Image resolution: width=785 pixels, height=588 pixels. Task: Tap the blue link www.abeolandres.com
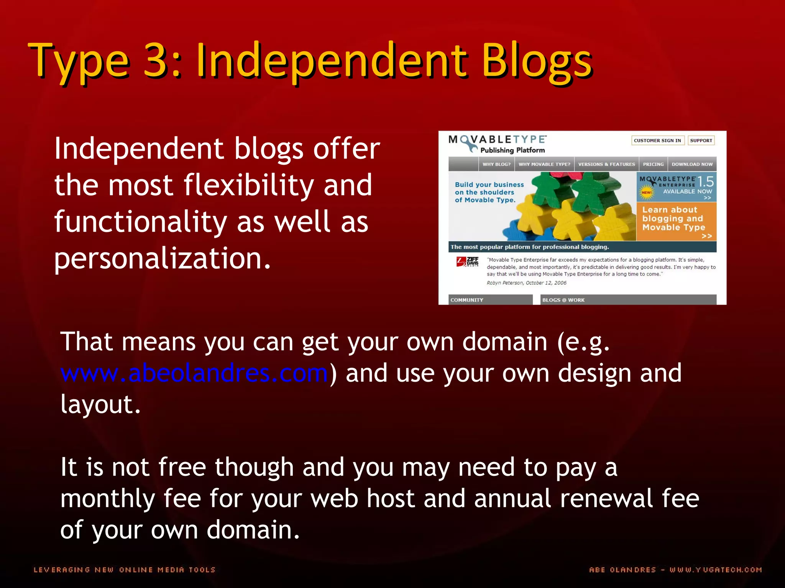point(194,373)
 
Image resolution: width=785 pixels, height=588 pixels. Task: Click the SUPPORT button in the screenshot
point(701,140)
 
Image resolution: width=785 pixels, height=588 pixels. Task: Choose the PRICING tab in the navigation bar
point(653,164)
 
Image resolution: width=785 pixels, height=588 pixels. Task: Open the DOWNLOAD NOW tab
point(692,164)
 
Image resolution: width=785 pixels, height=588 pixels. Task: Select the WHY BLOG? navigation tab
point(496,164)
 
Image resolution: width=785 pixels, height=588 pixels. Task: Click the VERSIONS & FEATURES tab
point(606,164)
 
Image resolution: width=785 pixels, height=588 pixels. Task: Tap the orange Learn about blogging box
point(676,221)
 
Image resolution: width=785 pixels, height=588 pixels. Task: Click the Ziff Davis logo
point(468,262)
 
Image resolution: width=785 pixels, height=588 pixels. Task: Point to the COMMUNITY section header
point(467,300)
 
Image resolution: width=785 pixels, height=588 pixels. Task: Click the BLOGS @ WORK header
point(563,300)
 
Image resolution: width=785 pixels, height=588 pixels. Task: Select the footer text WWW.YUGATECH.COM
point(716,570)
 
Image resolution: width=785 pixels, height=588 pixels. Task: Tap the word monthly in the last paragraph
point(107,499)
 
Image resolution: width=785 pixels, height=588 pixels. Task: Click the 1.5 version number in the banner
point(705,181)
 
